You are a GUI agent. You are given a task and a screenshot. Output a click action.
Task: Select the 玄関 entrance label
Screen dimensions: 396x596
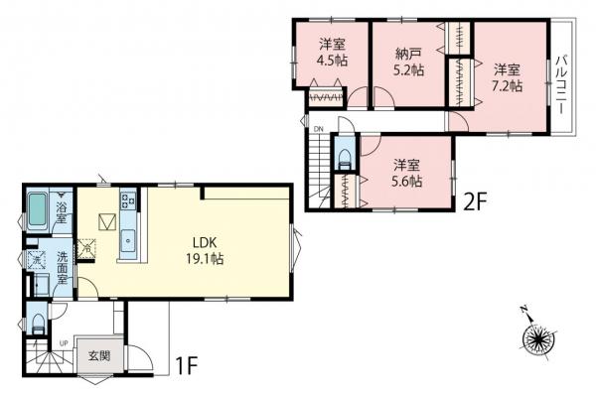(x=96, y=355)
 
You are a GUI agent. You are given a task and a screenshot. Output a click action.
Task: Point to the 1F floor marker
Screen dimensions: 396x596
(x=189, y=364)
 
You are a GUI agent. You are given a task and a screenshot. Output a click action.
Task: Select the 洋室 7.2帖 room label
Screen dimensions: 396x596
(x=508, y=77)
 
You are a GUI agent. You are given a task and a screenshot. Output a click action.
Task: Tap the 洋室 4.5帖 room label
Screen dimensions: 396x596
(x=333, y=52)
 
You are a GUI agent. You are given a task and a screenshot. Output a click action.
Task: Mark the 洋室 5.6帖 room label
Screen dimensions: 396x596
(x=407, y=173)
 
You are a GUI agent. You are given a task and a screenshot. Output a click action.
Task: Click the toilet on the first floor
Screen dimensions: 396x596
(x=36, y=324)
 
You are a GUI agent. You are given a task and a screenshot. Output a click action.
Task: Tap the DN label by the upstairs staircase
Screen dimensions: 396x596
(x=318, y=130)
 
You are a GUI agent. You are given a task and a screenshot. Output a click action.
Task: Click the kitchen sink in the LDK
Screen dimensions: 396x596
(x=129, y=239)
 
